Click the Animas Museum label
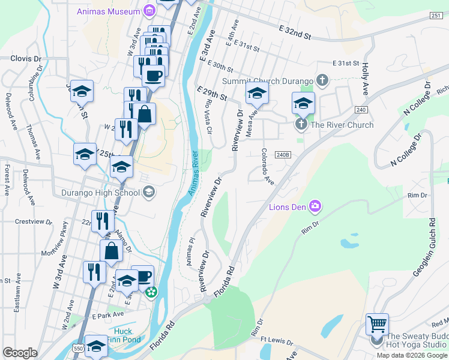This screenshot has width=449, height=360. [108, 11]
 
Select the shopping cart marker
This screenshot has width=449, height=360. [377, 325]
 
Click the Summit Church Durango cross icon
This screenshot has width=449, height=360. [323, 80]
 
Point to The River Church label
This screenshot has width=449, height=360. [342, 125]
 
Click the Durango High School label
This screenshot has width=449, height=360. [101, 193]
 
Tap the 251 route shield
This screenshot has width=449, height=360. [436, 16]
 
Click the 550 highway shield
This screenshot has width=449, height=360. [76, 347]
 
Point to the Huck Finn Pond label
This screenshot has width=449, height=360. [122, 335]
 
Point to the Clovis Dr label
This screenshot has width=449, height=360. [26, 59]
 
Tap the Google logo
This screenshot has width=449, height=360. [20, 353]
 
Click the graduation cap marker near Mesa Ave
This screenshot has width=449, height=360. [257, 93]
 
